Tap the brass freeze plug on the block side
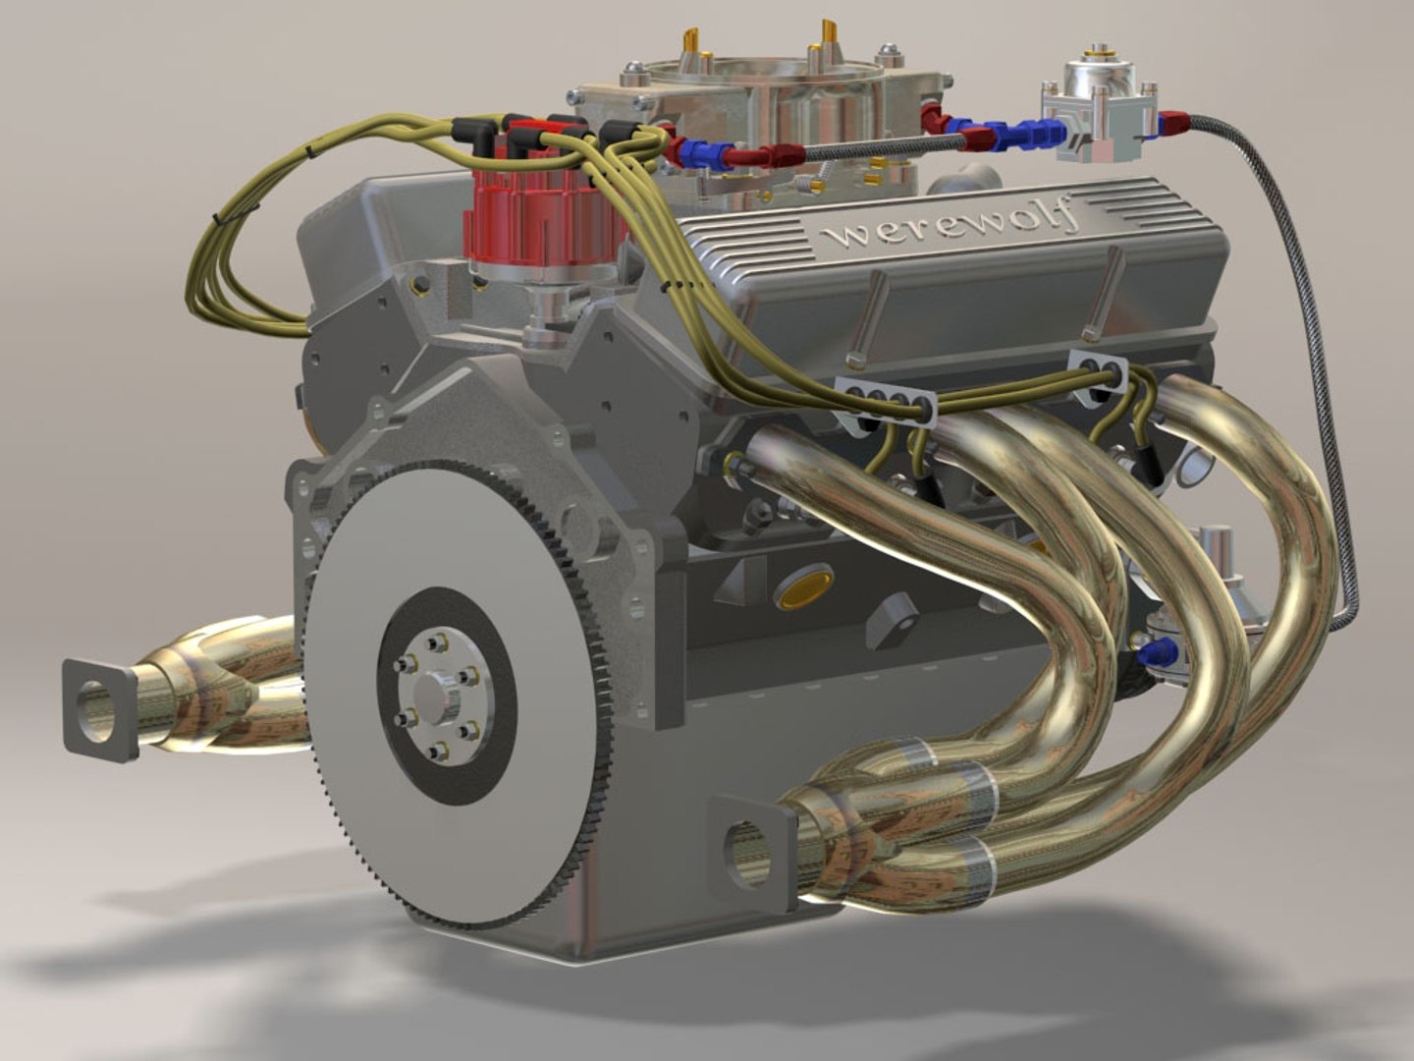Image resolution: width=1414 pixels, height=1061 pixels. coord(803,586)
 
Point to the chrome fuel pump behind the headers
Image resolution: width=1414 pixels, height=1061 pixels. coord(1213,560)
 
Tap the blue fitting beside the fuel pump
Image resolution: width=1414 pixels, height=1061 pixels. coord(1160,648)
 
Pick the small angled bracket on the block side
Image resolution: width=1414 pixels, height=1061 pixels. coord(895,619)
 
